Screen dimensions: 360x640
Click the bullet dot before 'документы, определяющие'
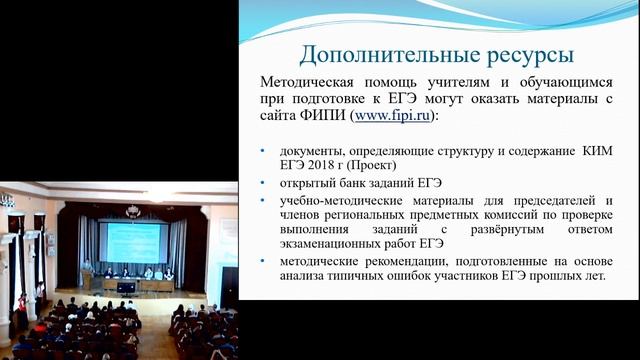coord(263,150)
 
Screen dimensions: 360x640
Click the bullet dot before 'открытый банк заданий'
coord(263,183)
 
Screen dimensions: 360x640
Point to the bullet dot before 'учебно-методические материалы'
coord(263,200)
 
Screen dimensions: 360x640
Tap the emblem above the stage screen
coord(133,211)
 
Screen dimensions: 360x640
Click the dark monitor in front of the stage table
coord(126,288)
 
